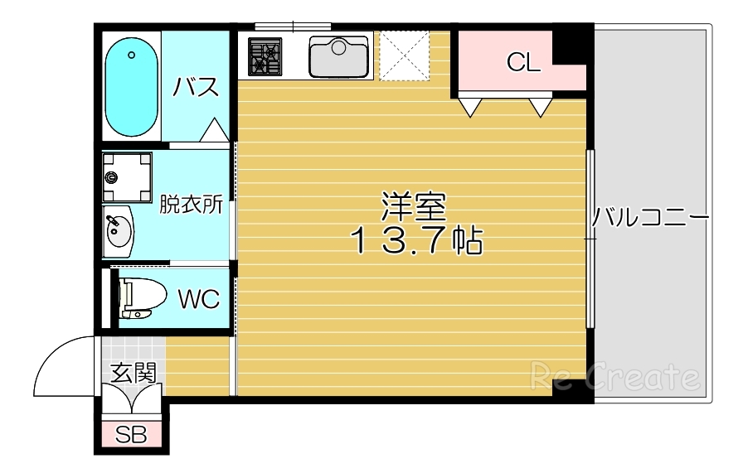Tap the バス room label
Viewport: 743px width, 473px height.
[x=196, y=87]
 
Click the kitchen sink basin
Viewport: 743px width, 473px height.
[x=338, y=56]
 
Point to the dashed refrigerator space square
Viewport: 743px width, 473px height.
[x=405, y=56]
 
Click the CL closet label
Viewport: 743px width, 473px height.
[x=523, y=62]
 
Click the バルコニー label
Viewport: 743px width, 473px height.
[x=650, y=220]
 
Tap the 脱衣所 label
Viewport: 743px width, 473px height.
[x=192, y=204]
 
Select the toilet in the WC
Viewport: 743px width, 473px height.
[x=137, y=298]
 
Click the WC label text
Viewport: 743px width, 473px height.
[x=199, y=299]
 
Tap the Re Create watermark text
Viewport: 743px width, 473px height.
[x=614, y=378]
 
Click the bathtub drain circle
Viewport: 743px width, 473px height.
[x=132, y=56]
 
